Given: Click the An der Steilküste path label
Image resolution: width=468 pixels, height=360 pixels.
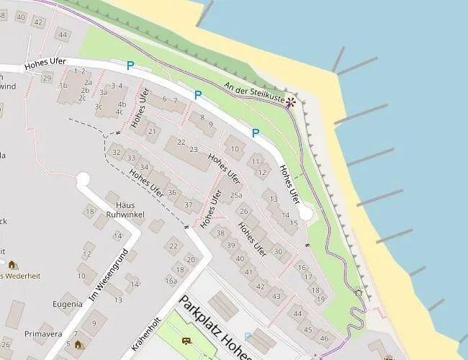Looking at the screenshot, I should [254, 92].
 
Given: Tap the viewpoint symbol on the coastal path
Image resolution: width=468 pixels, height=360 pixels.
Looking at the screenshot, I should [291, 102].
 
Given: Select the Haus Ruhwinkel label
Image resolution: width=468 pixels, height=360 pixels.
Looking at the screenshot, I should [125, 210].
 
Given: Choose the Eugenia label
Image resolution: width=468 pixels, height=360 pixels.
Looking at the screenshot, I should [67, 304].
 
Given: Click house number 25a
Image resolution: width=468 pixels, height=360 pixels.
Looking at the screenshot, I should [235, 195].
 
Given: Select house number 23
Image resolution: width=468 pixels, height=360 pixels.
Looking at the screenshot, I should [193, 148].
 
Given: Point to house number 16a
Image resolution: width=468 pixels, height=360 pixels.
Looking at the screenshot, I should [171, 281].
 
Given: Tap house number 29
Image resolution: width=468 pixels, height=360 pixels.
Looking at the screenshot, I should [47, 77].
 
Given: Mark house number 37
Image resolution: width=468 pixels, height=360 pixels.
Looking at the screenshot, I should [189, 204].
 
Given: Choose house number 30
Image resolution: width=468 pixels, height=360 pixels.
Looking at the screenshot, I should [278, 251].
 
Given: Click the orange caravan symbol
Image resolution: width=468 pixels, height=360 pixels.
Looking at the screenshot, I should [186, 341].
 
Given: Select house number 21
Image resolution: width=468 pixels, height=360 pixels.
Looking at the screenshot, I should [151, 131].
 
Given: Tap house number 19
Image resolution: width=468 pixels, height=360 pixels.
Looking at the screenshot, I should [320, 298].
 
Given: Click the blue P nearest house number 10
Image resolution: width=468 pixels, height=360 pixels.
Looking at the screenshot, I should [255, 132].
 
